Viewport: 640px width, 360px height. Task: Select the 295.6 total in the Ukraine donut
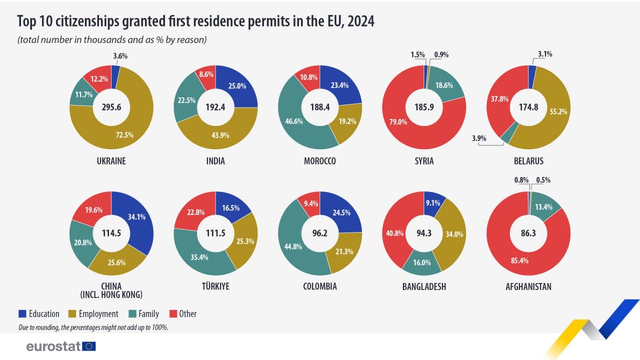coord(111,107)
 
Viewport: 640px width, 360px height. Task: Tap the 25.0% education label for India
coord(238,86)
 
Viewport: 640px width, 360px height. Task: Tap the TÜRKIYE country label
coord(215,286)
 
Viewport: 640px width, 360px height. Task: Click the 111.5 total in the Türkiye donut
coord(215,232)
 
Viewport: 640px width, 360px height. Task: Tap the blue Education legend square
coord(22,314)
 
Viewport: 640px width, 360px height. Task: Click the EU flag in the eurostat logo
coord(89,346)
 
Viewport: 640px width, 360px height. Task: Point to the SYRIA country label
coord(424,161)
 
